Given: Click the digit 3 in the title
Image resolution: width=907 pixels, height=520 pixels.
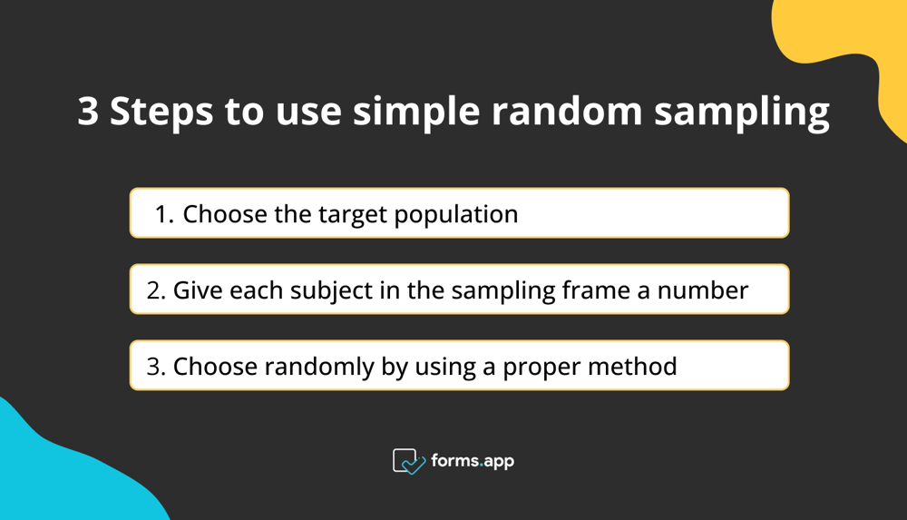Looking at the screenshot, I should (88, 113).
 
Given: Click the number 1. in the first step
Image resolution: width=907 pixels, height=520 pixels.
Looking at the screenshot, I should (164, 214).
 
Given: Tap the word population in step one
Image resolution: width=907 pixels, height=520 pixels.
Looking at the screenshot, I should (460, 216).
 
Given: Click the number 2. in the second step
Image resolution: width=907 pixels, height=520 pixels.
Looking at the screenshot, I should (156, 290).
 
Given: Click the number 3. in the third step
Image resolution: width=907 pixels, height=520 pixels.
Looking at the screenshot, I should (156, 367).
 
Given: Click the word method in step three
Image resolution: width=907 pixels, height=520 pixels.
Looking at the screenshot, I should (638, 367).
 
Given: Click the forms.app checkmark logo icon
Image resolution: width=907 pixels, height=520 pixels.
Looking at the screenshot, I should (408, 461).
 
